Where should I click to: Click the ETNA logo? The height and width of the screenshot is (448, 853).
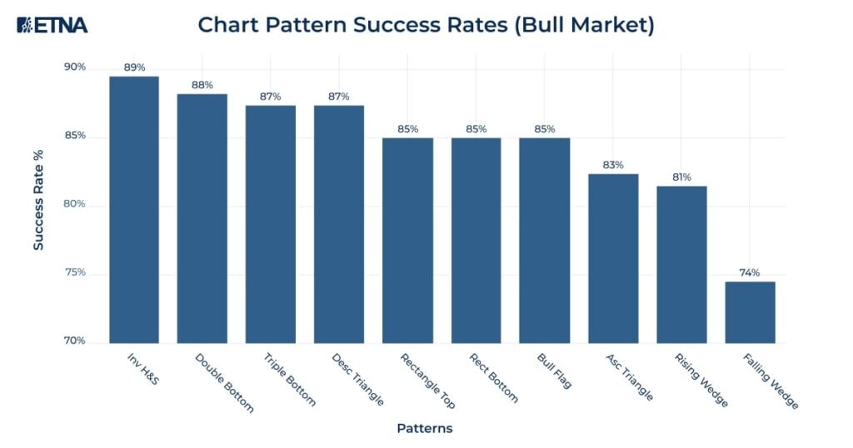pyautogui.click(x=52, y=25)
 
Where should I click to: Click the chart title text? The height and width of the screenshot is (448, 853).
pyautogui.click(x=426, y=25)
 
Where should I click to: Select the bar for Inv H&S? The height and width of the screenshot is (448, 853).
pyautogui.click(x=133, y=208)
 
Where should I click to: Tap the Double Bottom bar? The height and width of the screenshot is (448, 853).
pyautogui.click(x=202, y=217)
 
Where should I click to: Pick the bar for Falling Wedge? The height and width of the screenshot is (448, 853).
pyautogui.click(x=750, y=311)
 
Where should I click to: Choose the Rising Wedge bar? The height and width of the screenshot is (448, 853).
pyautogui.click(x=681, y=264)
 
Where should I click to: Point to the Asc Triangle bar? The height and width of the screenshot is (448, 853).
pyautogui.click(x=613, y=258)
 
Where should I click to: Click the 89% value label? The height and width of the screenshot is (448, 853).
pyautogui.click(x=133, y=67)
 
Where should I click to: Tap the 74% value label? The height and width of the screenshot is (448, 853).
pyautogui.click(x=750, y=272)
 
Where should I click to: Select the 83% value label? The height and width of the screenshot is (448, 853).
pyautogui.click(x=613, y=165)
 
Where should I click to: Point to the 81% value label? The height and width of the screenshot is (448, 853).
pyautogui.click(x=681, y=177)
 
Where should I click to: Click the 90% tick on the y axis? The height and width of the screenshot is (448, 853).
pyautogui.click(x=75, y=67)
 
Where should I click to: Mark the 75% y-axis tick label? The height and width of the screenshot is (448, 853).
pyautogui.click(x=75, y=273)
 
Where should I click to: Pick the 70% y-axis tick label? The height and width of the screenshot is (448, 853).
pyautogui.click(x=75, y=341)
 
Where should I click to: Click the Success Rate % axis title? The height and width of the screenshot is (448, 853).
pyautogui.click(x=38, y=200)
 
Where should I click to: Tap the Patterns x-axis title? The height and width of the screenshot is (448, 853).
pyautogui.click(x=425, y=429)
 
